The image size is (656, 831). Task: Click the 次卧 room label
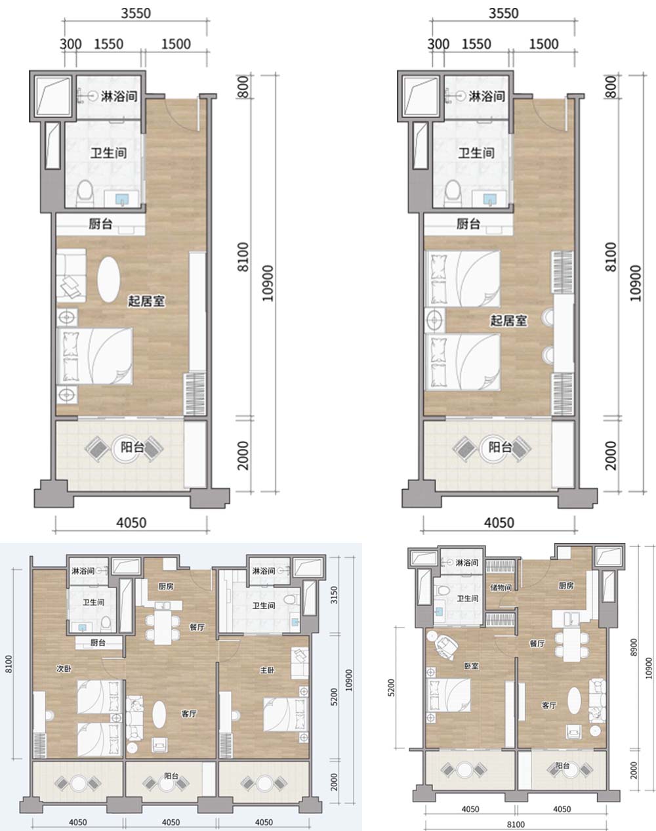[64, 669]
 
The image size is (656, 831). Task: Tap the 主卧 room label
[267, 670]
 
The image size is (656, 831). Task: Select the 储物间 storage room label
[501, 587]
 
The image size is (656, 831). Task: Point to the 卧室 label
[471, 666]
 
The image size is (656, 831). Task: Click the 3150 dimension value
[334, 595]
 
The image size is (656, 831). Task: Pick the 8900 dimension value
[633, 647]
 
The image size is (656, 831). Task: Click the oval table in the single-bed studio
[109, 281]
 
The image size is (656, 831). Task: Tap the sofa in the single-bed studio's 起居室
[72, 275]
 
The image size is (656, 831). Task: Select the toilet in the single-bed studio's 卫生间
[85, 194]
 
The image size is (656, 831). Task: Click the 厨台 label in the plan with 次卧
[98, 643]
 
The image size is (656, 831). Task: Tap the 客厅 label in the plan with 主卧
[189, 714]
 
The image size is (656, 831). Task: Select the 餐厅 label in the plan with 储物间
[537, 643]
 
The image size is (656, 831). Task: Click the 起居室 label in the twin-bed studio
[508, 320]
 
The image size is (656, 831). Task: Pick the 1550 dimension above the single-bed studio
[109, 44]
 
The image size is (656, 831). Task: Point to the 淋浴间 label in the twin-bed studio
[487, 96]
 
